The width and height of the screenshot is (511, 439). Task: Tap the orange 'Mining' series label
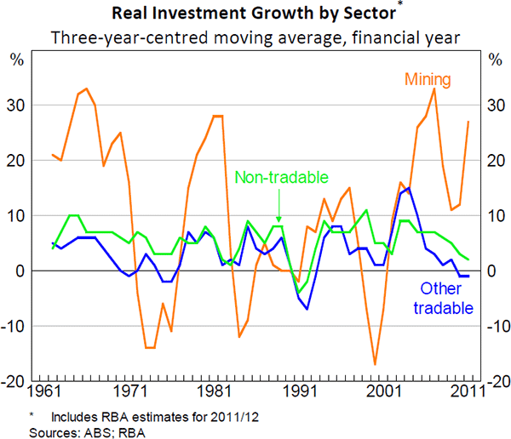coord(427,79)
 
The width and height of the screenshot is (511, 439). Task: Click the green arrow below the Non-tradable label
coord(278,208)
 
